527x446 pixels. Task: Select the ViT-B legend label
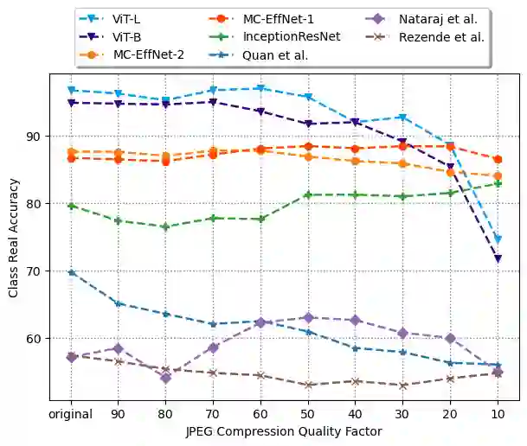[128, 36]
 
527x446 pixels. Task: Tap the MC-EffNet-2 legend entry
[148, 54]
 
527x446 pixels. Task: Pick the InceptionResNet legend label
[292, 36]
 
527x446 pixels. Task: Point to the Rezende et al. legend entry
[440, 36]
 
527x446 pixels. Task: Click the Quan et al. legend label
[275, 54]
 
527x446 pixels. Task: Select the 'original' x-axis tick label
[72, 413]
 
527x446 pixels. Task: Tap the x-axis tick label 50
[308, 413]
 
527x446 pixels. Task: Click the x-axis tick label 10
[498, 413]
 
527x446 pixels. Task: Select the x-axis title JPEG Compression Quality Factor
[285, 430]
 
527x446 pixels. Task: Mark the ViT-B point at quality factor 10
[498, 258]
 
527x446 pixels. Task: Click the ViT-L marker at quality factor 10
[498, 239]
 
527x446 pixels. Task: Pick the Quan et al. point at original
[72, 272]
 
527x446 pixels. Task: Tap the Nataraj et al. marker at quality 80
[166, 378]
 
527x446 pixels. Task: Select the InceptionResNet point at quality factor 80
[166, 226]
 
